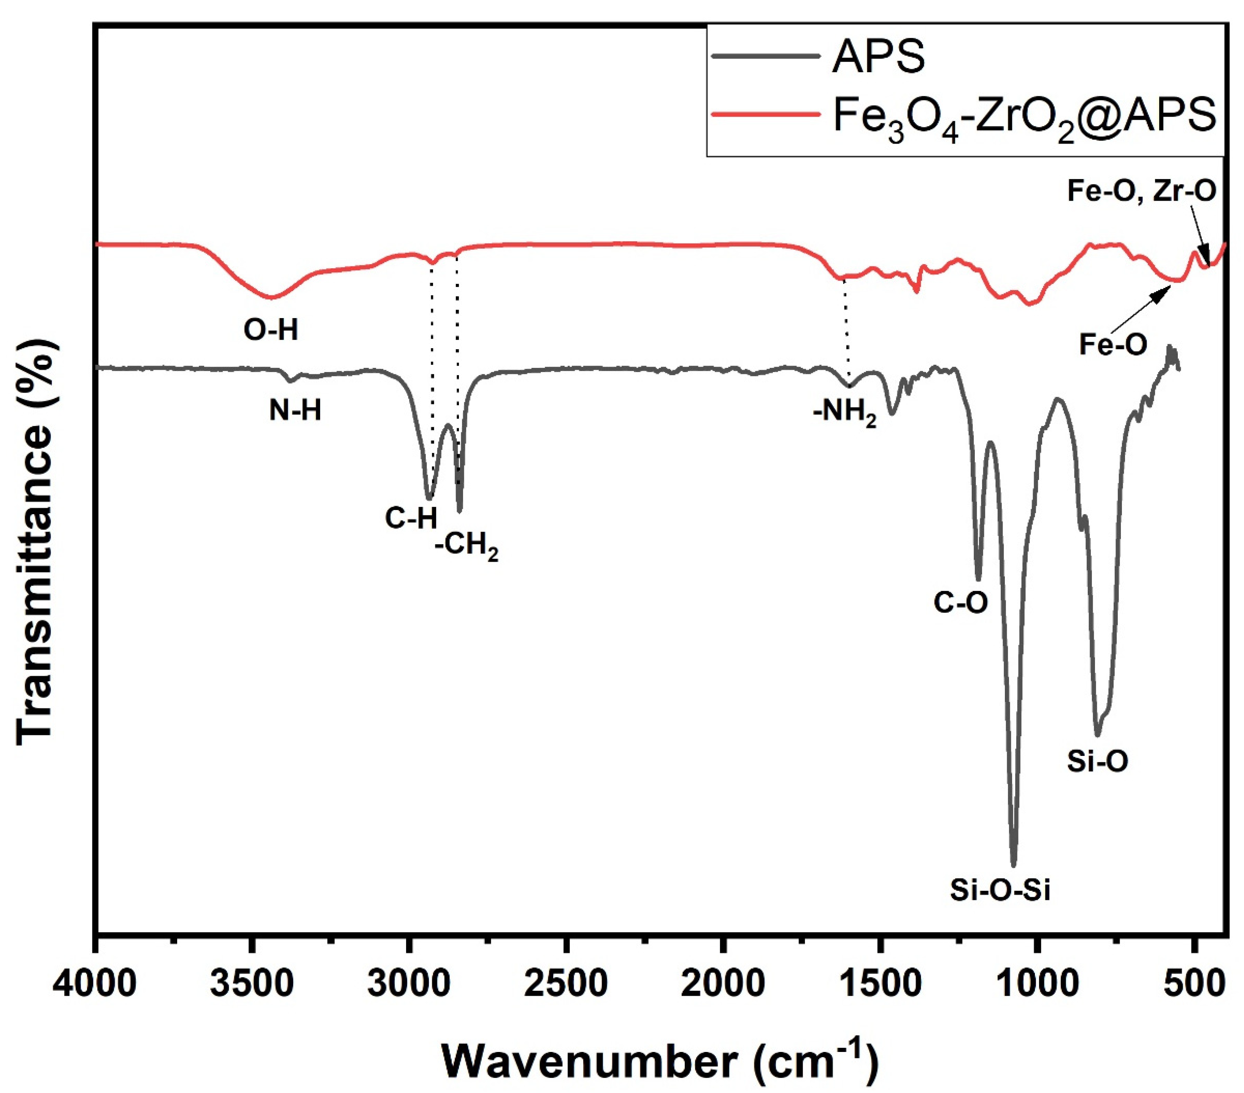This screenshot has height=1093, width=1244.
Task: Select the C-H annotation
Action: pos(411,518)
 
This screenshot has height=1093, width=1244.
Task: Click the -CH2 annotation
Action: pos(467,546)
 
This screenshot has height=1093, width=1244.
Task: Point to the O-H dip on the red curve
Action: pos(271,298)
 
